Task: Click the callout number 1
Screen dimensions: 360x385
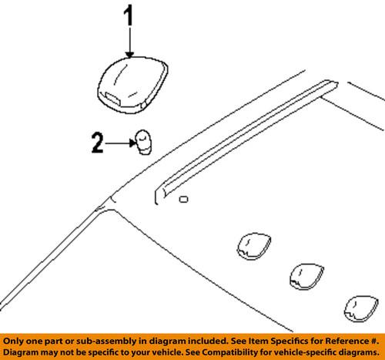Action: (x=129, y=17)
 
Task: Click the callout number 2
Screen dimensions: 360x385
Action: (x=96, y=142)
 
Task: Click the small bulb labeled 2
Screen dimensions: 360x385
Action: (x=143, y=142)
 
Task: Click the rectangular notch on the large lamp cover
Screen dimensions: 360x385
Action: (x=114, y=99)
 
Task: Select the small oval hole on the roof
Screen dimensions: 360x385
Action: (x=183, y=200)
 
